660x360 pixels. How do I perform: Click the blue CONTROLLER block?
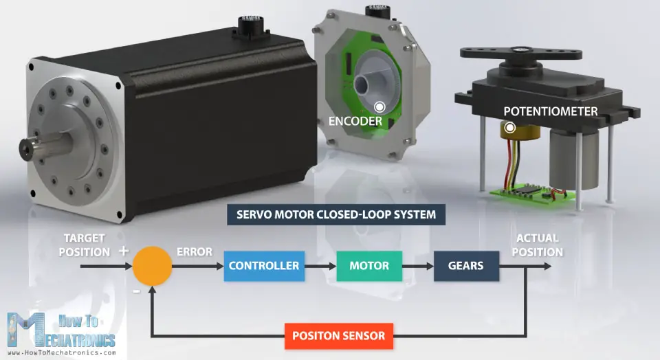click(x=264, y=266)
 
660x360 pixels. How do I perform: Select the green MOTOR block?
click(x=369, y=266)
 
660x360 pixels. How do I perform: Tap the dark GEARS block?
click(x=466, y=266)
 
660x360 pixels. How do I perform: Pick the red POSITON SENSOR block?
click(x=339, y=337)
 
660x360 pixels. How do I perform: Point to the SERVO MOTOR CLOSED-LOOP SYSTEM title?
click(x=336, y=214)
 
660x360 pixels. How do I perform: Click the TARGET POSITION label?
click(x=84, y=245)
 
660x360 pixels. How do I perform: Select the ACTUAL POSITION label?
click(x=538, y=245)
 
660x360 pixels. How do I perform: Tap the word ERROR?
click(x=195, y=251)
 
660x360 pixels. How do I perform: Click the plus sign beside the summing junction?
click(x=124, y=251)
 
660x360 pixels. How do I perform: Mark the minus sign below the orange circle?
click(x=136, y=291)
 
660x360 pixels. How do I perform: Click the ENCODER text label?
click(x=355, y=122)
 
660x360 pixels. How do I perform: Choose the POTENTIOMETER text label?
click(x=551, y=111)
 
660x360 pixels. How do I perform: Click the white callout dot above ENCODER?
click(x=379, y=107)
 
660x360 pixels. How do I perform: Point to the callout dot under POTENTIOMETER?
click(x=510, y=127)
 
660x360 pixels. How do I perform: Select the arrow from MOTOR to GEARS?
click(x=417, y=266)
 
